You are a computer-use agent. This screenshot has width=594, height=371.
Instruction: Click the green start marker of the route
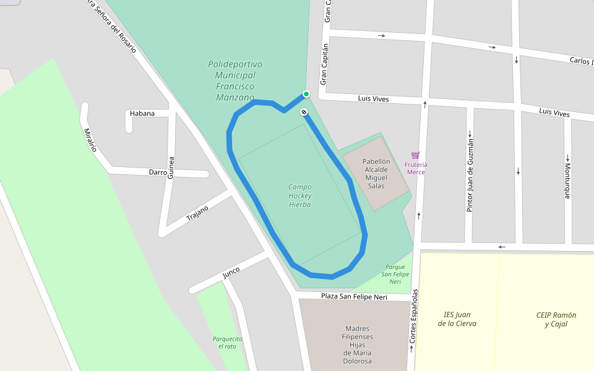coord(306,94)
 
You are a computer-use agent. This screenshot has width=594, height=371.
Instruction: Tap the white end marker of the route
coord(304,112)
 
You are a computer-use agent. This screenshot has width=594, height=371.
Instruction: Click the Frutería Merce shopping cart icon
coord(415,156)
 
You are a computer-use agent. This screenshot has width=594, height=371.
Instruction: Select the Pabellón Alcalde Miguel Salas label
coord(376,173)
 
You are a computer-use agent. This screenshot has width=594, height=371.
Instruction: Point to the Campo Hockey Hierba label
coord(300,195)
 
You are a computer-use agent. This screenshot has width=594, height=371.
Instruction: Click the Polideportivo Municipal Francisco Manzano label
coord(235,80)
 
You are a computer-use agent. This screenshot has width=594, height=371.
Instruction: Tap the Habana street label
coord(142,113)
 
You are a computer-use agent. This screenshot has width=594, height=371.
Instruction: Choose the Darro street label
coord(157,173)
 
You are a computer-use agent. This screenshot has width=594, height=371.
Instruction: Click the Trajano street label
coord(197,213)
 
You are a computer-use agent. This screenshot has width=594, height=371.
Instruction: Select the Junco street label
coord(231,273)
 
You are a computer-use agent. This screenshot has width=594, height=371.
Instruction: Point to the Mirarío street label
coord(90,140)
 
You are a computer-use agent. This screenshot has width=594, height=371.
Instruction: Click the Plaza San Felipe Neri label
coord(354,297)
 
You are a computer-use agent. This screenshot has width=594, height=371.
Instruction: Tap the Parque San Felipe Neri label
coord(395,275)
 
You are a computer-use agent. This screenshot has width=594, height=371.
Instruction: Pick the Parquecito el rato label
coord(227,343)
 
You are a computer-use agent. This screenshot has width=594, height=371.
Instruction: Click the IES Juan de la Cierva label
coord(457,319)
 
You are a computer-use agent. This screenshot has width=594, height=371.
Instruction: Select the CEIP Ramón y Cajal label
coord(556,319)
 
